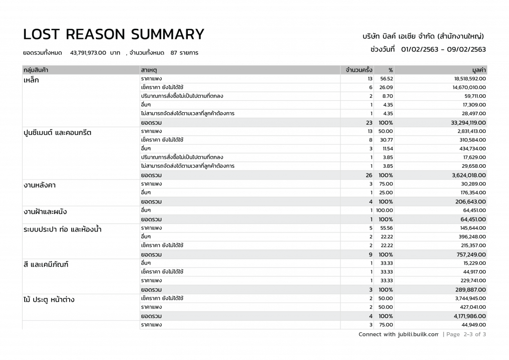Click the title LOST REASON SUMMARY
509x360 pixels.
click(x=114, y=34)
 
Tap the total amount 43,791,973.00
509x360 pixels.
click(x=88, y=52)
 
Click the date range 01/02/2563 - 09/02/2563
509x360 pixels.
click(x=443, y=49)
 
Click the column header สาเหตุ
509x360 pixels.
click(x=149, y=70)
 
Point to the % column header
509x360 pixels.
click(x=390, y=70)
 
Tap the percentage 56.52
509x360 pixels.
click(x=386, y=79)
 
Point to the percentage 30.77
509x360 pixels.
click(x=386, y=140)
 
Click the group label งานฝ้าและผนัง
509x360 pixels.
click(x=45, y=212)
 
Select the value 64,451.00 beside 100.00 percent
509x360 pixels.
click(x=473, y=210)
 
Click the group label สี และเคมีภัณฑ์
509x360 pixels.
click(x=45, y=265)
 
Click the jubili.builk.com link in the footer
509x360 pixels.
click(x=418, y=334)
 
